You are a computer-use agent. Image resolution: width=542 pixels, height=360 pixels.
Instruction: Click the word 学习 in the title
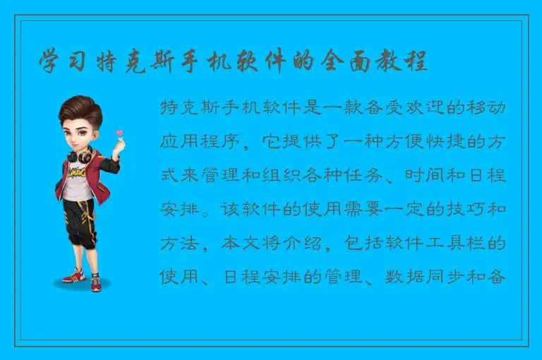click(59, 61)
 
